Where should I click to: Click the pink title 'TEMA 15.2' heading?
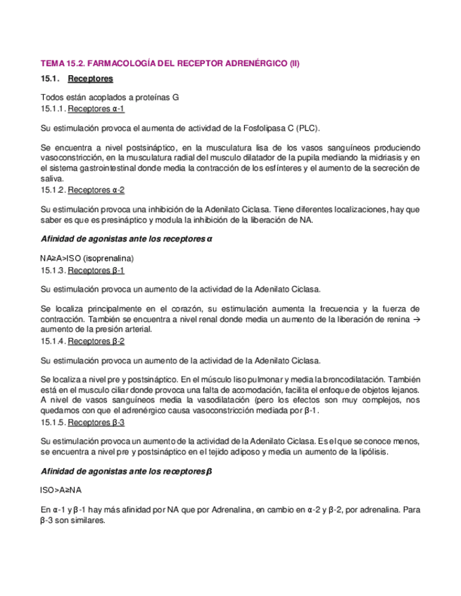click(x=170, y=63)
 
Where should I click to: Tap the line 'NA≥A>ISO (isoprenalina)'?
click(x=87, y=258)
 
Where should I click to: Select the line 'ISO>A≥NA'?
click(x=61, y=490)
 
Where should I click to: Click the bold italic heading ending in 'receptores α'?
click(x=127, y=240)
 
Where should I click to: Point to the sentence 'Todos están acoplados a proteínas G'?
click(x=109, y=98)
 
